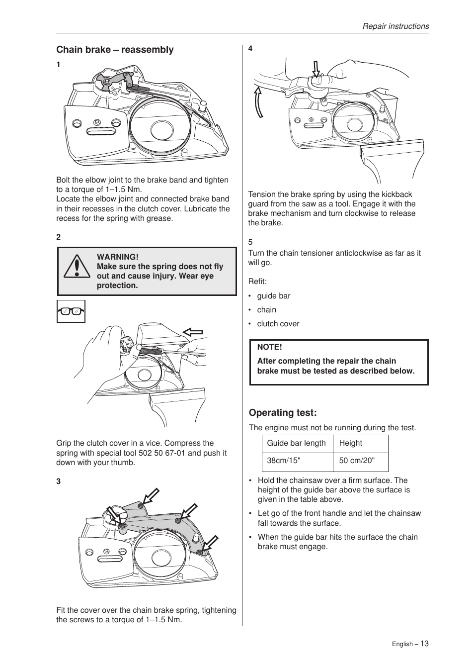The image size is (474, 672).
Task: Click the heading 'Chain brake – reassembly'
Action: tap(115, 50)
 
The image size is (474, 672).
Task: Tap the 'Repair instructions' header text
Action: tap(395, 26)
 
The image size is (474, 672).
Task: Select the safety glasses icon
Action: tap(71, 311)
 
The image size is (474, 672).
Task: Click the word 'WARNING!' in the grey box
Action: tap(117, 257)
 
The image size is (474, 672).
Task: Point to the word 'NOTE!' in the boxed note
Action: tap(269, 347)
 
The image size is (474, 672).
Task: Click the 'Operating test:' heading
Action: tap(282, 413)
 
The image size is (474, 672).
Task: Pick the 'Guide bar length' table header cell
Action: tap(296, 443)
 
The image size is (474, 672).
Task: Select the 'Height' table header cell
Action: tap(350, 443)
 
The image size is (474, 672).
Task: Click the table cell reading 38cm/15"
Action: tap(283, 461)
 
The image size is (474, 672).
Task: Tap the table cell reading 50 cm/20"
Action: tap(356, 461)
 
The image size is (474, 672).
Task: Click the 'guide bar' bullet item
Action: tap(273, 296)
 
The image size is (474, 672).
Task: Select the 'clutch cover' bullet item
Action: tap(278, 324)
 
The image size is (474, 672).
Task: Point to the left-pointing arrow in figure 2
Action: tap(193, 332)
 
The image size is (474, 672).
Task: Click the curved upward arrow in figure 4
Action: tap(259, 101)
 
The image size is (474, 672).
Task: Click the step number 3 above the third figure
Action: tap(58, 481)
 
